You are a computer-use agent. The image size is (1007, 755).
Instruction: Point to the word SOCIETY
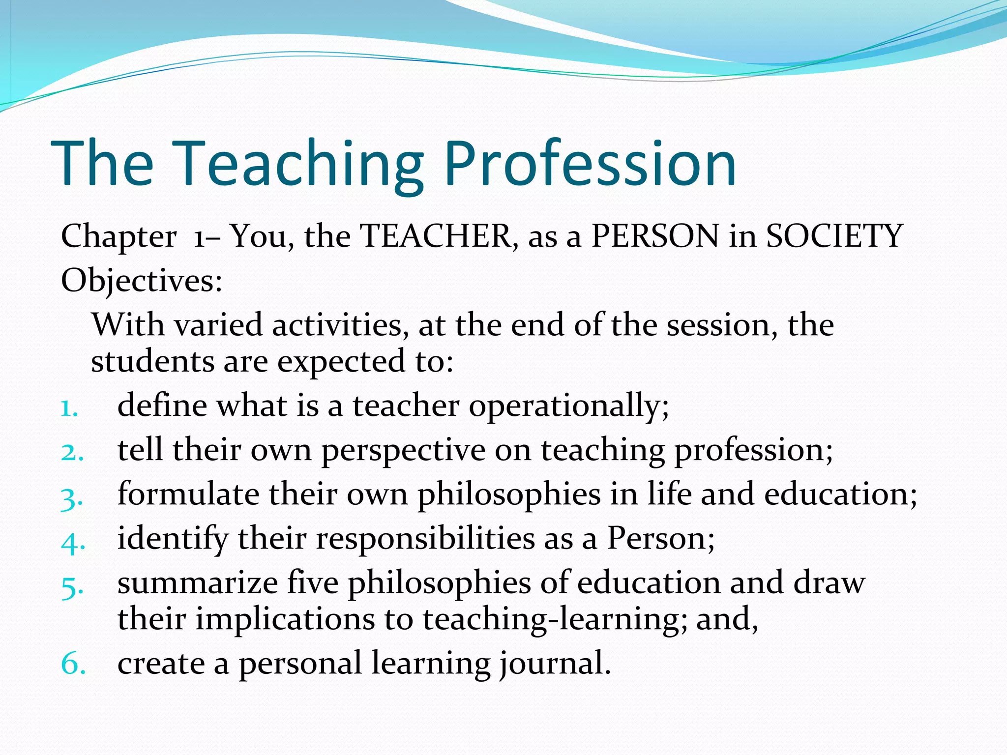tap(834, 236)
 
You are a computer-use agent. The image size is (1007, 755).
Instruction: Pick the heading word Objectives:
tap(142, 282)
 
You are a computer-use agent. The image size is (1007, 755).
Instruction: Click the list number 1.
tap(69, 408)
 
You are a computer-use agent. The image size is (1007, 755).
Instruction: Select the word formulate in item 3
tap(188, 494)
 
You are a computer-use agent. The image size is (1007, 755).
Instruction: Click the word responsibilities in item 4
tap(425, 539)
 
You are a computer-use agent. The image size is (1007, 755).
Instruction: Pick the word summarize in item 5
tap(198, 583)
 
